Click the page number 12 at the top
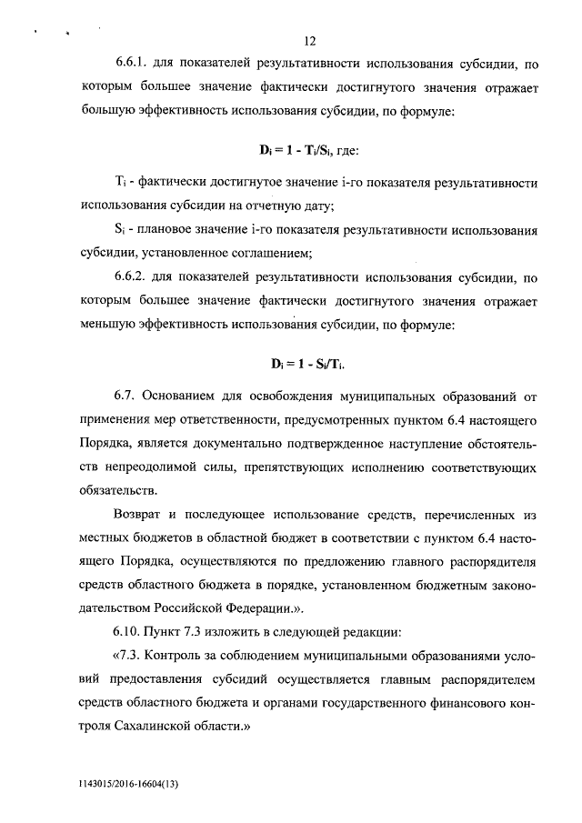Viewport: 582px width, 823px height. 310,41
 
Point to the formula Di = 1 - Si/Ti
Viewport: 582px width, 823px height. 310,364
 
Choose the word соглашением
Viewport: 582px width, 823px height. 271,253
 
